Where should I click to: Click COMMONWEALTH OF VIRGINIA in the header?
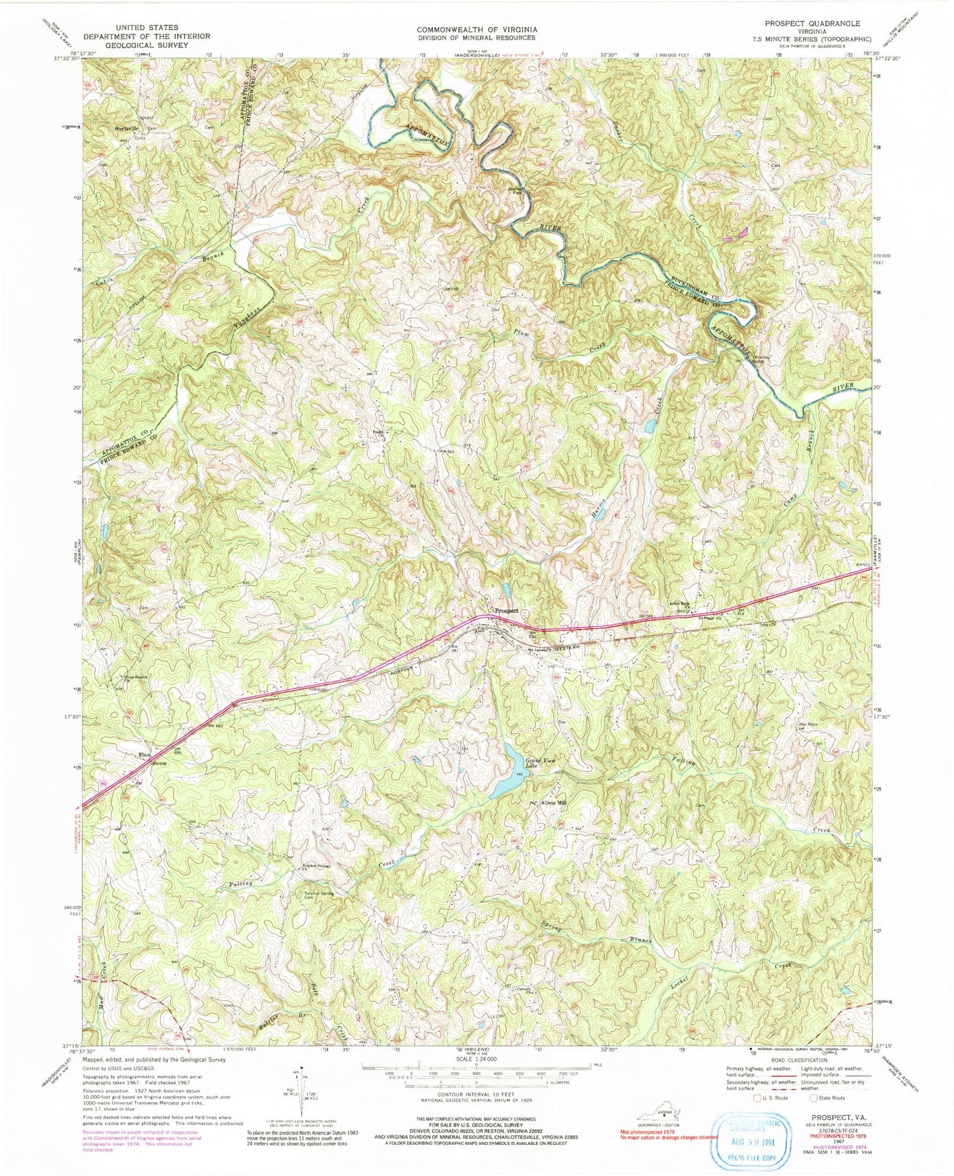[x=476, y=30]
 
